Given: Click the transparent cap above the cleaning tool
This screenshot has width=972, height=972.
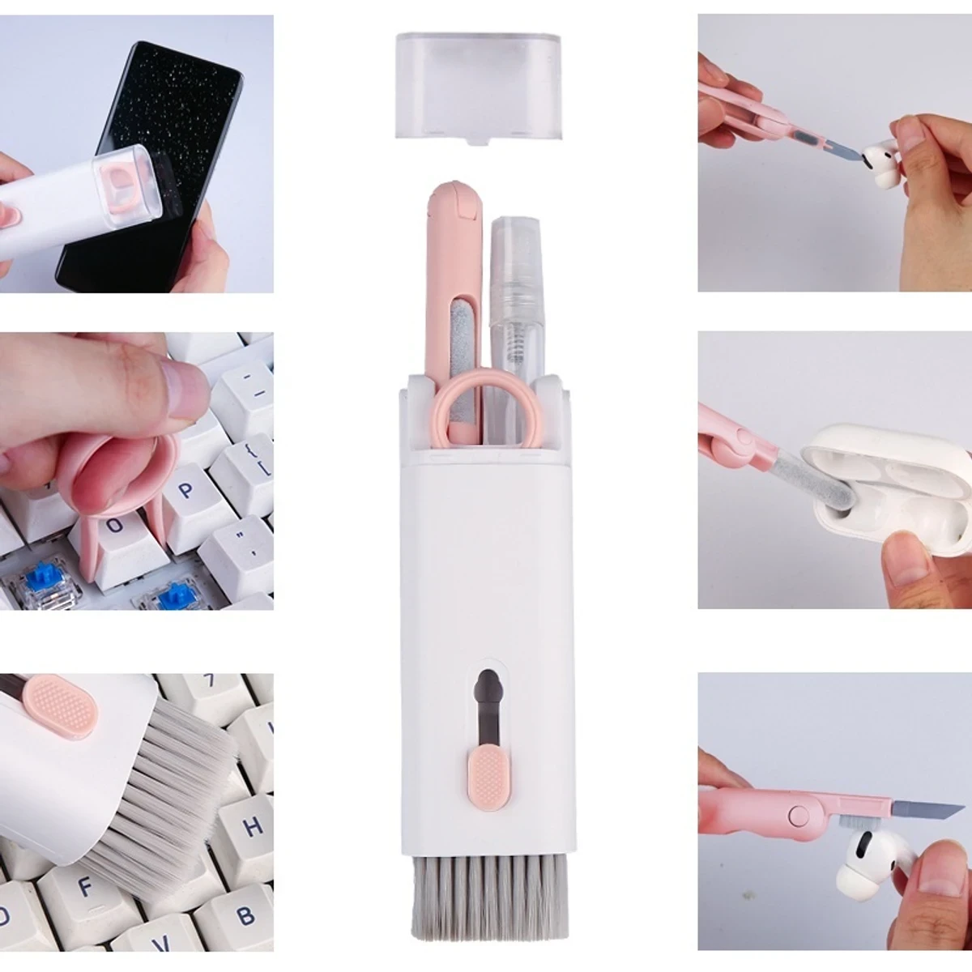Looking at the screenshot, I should (x=478, y=85).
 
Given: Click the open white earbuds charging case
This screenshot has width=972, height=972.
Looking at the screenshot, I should (x=899, y=486).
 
